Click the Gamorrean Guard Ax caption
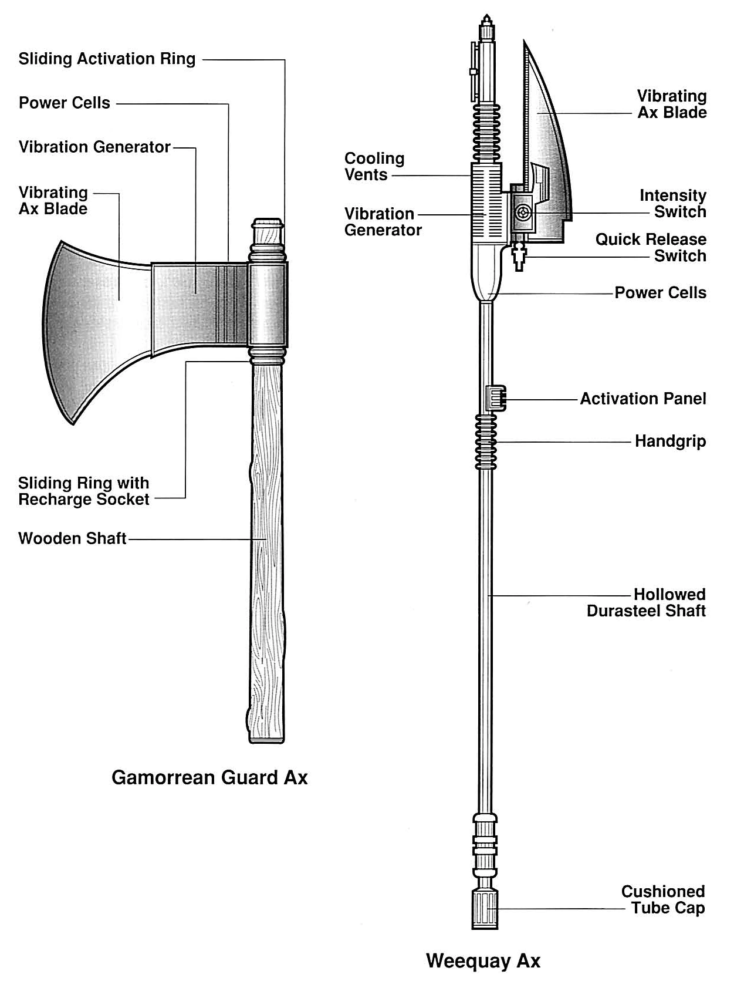pos(209,777)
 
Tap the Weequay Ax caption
pos(482,960)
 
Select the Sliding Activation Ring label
pos(107,59)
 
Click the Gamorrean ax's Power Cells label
pos(65,103)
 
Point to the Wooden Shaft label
pos(72,538)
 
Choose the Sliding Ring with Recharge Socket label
pos(84,491)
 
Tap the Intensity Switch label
pos(674,204)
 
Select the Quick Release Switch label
pos(651,248)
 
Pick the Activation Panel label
pos(643,399)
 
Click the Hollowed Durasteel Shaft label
pos(647,603)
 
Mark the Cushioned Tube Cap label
pos(663,900)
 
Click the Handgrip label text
pos(670,441)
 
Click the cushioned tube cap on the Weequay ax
pos(485,909)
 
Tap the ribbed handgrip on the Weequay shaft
pos(485,441)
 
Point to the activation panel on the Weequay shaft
pos(496,398)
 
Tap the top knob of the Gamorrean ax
pos(268,226)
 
